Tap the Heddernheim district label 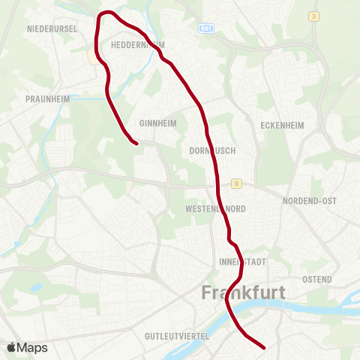click(137, 45)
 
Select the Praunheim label click(46, 98)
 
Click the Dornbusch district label click(212, 150)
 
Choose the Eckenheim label click(281, 125)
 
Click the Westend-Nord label click(214, 208)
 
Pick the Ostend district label click(317, 279)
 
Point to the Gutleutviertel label click(177, 336)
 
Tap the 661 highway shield click(206, 28)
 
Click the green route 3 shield click(312, 16)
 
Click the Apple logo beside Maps click(13, 347)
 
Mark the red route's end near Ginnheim click(136, 142)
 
